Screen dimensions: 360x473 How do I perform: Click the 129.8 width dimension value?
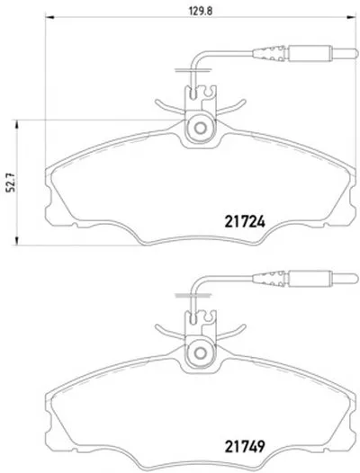coord(201,11)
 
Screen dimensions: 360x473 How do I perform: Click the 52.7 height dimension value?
coord(12,183)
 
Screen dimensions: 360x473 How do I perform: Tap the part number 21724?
coord(245,222)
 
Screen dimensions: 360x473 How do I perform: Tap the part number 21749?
coord(245,446)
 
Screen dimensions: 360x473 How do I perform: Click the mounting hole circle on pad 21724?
coord(200,129)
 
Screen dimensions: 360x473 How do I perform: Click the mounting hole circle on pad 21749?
coord(200,353)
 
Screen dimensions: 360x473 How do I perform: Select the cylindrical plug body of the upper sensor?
coord(310,53)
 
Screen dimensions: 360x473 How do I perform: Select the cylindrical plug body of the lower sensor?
coord(310,279)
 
